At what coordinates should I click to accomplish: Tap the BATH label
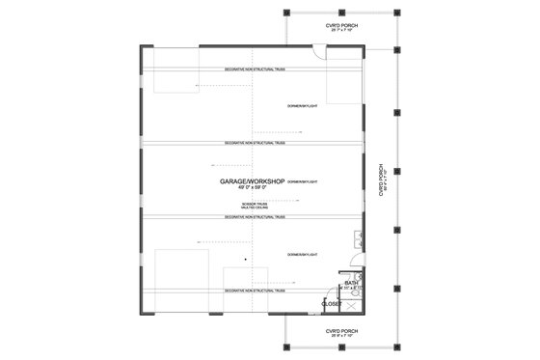tap(352, 282)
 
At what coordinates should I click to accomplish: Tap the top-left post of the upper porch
tap(289, 14)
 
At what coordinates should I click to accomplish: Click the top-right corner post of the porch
tap(398, 14)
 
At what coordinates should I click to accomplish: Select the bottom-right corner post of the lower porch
tap(398, 348)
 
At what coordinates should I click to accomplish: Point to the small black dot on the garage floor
tap(245, 259)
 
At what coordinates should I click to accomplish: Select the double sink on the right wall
tap(359, 240)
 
